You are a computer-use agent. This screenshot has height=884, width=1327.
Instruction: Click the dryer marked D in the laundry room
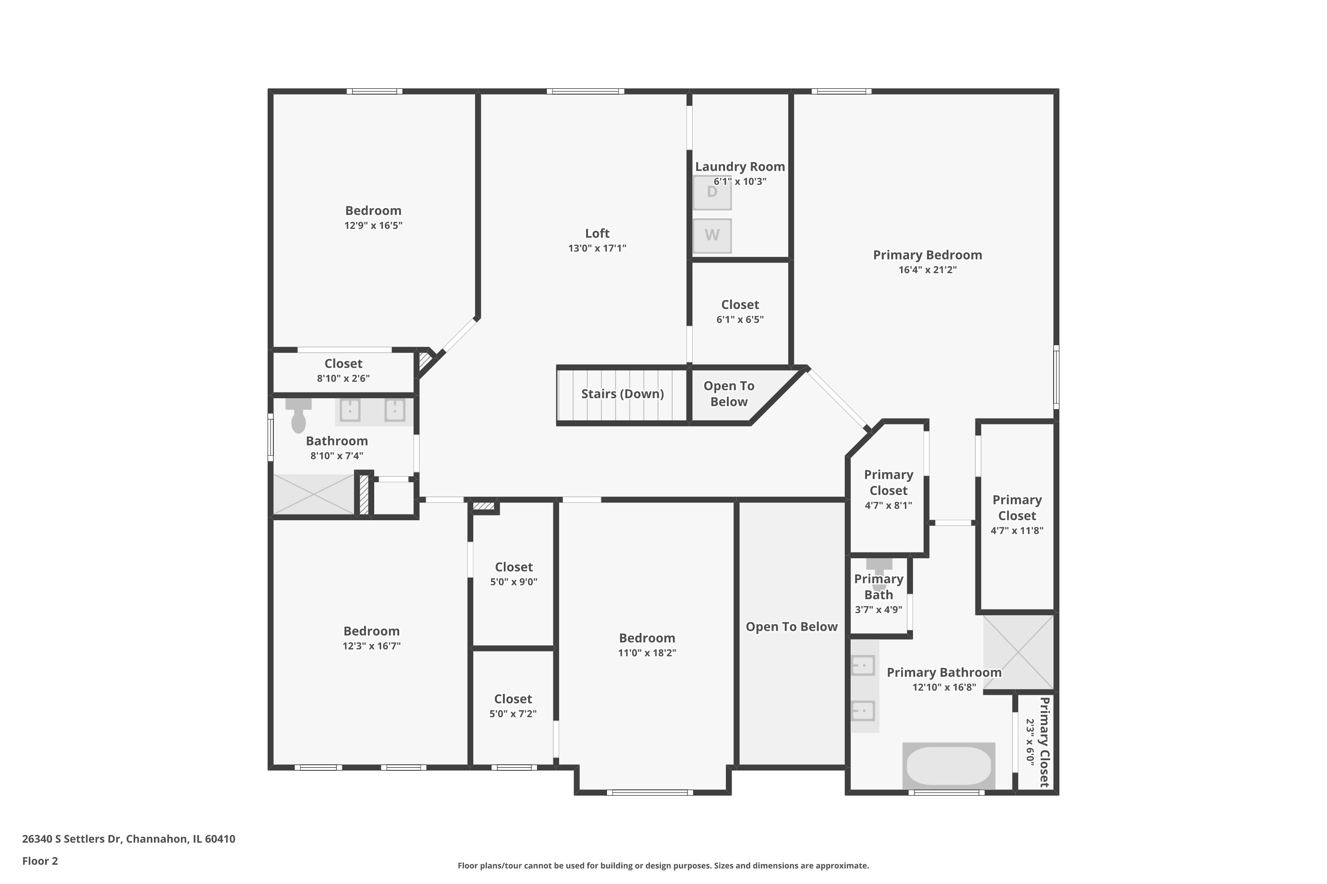coord(712,193)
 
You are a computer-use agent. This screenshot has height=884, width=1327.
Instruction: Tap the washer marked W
coord(712,236)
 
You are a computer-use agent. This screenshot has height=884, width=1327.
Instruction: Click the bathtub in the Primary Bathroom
coord(948,766)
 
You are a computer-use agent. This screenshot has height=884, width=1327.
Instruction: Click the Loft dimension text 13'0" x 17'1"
coord(597,248)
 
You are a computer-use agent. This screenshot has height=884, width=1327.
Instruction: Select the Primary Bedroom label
coord(927,255)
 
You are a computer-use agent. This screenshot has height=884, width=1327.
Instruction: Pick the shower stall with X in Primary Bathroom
coord(1018,652)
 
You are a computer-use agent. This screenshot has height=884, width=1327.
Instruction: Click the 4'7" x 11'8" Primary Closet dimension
coord(1016,530)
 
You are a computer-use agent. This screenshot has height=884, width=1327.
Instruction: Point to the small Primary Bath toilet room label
coord(878,587)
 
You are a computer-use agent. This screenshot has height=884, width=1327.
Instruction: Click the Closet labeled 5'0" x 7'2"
coord(513,706)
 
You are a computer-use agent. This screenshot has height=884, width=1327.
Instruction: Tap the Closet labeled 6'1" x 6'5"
coord(740,311)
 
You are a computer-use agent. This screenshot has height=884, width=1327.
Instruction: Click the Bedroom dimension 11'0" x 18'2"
coord(647,653)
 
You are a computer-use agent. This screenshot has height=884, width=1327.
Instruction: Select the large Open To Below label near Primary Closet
coord(791,627)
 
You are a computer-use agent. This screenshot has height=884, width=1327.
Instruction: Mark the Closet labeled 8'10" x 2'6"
coord(343,370)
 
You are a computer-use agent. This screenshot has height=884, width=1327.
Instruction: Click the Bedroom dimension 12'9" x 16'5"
coord(373,225)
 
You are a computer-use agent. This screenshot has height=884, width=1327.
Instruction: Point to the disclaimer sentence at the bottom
coord(663,865)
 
